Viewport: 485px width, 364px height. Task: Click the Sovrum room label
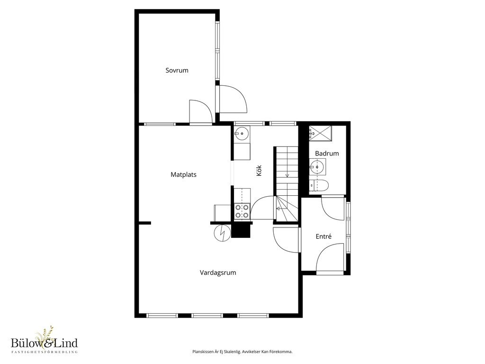(177, 70)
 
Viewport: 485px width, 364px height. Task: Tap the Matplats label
(183, 174)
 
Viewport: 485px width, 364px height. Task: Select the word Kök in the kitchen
(259, 171)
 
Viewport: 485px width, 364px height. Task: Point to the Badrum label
(327, 153)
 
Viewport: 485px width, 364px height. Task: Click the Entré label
(323, 237)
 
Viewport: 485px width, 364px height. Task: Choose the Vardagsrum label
(218, 273)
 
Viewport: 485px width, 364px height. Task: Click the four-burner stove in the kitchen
(242, 211)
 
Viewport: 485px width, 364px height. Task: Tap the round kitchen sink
(242, 134)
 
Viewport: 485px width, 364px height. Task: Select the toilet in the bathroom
(319, 186)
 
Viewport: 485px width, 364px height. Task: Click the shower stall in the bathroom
(320, 133)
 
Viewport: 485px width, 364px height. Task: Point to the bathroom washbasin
(317, 167)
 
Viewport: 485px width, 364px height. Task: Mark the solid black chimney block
(241, 231)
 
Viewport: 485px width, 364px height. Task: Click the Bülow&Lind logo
(44, 340)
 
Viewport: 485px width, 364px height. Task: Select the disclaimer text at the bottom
(242, 352)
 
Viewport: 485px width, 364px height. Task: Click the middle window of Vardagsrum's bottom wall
(207, 316)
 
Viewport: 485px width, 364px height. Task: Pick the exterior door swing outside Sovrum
(233, 99)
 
